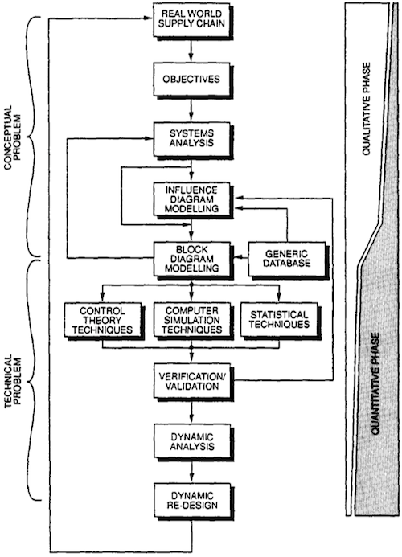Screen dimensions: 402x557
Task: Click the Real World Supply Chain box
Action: [193, 20]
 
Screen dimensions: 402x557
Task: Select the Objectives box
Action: [193, 80]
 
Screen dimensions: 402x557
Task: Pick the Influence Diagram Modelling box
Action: [193, 200]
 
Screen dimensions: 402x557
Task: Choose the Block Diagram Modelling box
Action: [193, 260]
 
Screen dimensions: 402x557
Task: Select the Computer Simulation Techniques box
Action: [193, 321]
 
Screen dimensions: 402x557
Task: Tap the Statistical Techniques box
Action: [280, 321]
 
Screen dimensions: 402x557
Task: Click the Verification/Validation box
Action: [193, 381]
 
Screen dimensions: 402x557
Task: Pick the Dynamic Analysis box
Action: [193, 441]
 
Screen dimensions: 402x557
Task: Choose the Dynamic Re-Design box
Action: [193, 501]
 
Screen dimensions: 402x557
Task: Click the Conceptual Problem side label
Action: [13, 133]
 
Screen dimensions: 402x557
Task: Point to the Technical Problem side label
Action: [13, 381]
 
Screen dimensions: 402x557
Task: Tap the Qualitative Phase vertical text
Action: [367, 109]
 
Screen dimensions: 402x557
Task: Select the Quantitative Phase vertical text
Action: [375, 383]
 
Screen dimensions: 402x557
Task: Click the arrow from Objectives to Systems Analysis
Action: [192, 109]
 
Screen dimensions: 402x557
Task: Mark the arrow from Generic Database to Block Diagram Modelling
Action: [240, 256]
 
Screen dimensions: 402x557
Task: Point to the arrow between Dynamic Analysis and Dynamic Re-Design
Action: [192, 470]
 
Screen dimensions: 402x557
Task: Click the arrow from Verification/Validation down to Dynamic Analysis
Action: [192, 411]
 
